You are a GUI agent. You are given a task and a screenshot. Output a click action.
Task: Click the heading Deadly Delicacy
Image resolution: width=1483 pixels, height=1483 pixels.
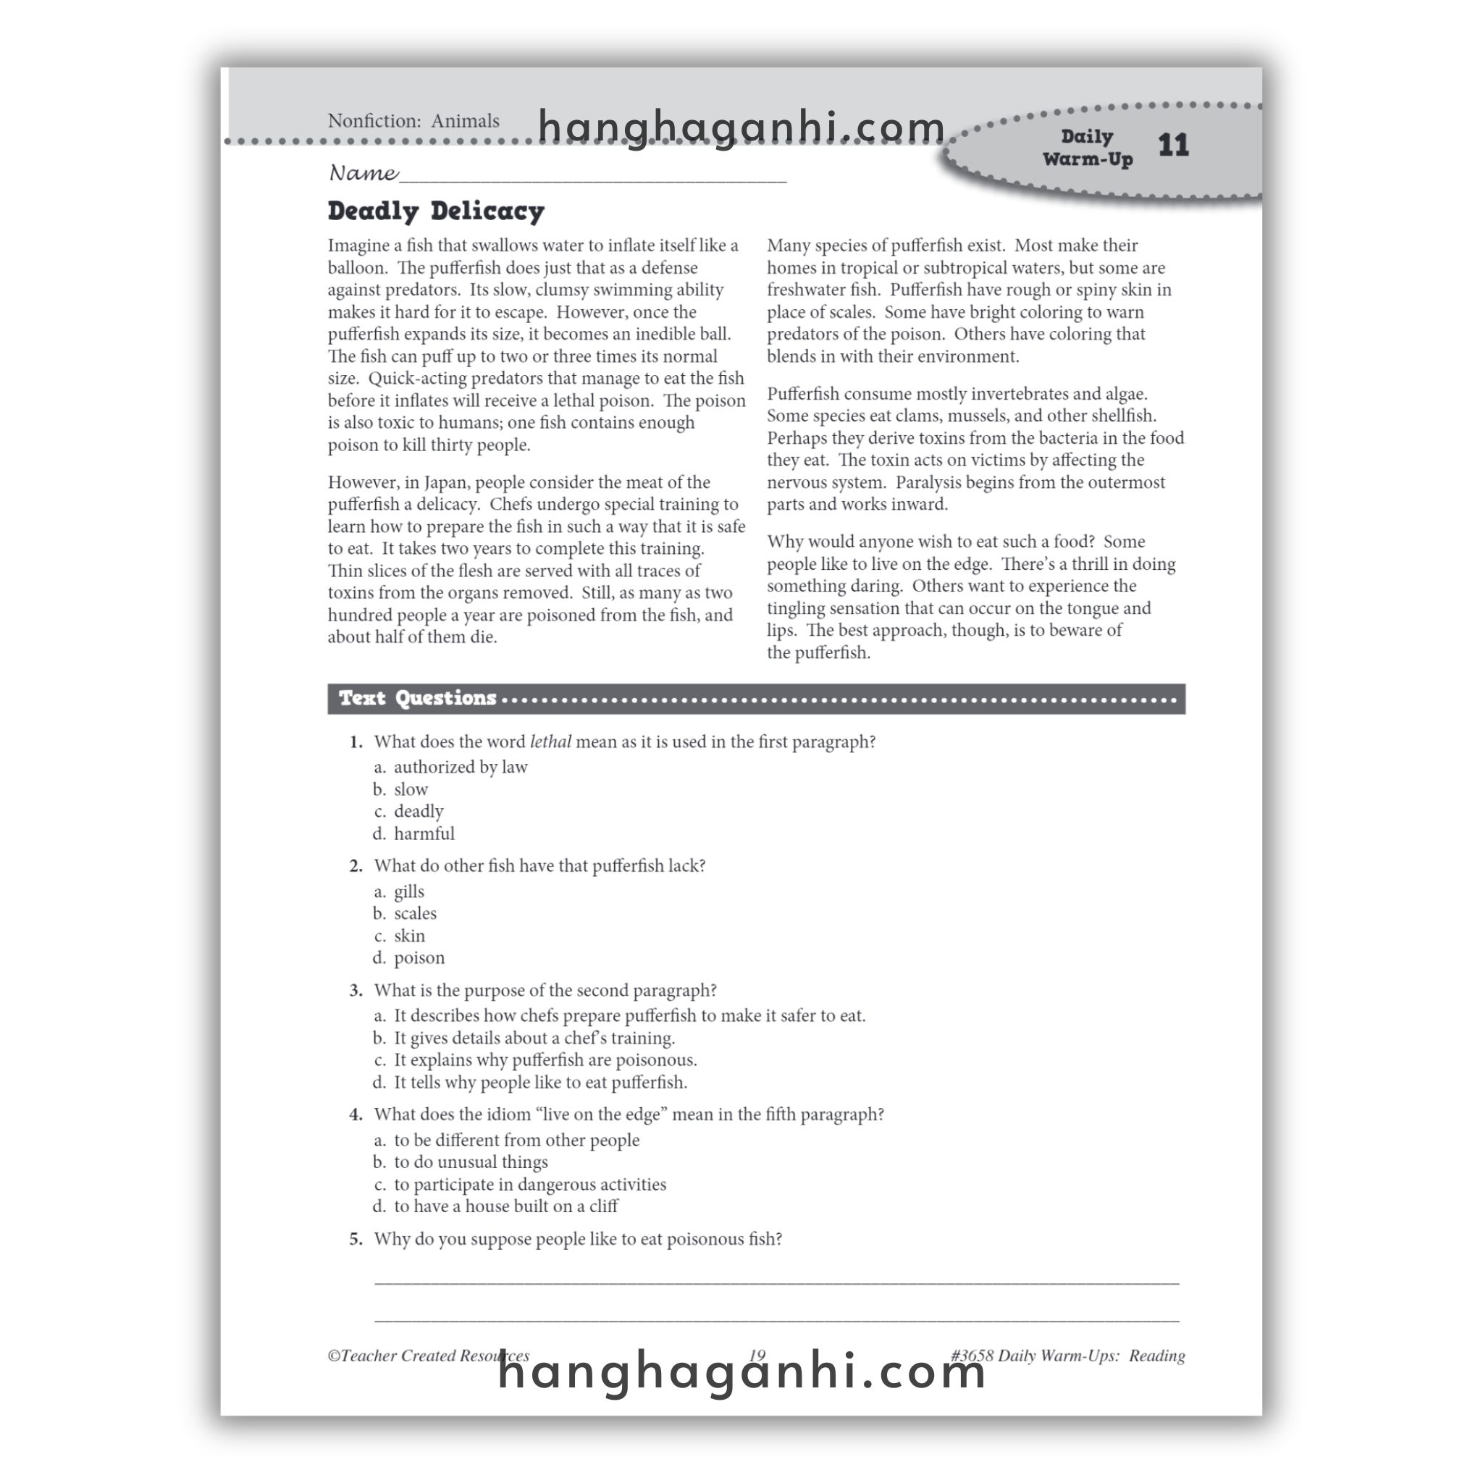pyautogui.click(x=435, y=211)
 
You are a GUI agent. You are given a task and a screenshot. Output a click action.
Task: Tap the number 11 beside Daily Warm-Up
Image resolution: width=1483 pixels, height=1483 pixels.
pyautogui.click(x=1172, y=145)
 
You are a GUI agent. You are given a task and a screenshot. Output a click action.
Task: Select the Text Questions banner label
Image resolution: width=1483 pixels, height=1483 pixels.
pyautogui.click(x=418, y=698)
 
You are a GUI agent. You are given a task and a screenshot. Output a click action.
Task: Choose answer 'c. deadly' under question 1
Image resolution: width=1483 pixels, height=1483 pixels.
pyautogui.click(x=418, y=811)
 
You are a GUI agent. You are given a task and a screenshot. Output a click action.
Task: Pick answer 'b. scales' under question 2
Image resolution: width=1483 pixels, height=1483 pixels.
pyautogui.click(x=414, y=913)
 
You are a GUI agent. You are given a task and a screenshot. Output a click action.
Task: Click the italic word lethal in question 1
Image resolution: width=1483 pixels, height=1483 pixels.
pyautogui.click(x=550, y=741)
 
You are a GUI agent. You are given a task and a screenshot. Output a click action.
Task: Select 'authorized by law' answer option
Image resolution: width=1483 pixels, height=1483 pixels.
pyautogui.click(x=460, y=767)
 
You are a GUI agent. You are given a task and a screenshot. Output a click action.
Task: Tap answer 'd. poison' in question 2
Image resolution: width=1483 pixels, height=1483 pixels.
pyautogui.click(x=419, y=958)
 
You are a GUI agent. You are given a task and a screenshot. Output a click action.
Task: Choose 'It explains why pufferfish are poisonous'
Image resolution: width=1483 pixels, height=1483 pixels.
pyautogui.click(x=545, y=1060)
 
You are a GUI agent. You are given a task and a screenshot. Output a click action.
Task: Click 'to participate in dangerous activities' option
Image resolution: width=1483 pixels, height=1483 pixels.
pyautogui.click(x=529, y=1185)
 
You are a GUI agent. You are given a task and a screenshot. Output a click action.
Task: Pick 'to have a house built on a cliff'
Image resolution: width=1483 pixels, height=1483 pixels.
pyautogui.click(x=505, y=1206)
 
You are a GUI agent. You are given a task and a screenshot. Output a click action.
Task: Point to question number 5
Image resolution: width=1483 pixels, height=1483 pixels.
pyautogui.click(x=356, y=1239)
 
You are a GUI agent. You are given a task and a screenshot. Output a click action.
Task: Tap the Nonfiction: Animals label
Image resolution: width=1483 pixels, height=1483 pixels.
pyautogui.click(x=413, y=121)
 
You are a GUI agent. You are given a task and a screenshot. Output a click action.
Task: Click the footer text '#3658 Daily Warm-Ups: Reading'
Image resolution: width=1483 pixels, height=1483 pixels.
pyautogui.click(x=1067, y=1356)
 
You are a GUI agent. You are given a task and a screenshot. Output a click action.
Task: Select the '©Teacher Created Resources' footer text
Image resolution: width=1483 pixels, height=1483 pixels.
pyautogui.click(x=427, y=1356)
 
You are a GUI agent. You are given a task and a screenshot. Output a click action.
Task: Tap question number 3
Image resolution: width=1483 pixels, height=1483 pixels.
pyautogui.click(x=356, y=991)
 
